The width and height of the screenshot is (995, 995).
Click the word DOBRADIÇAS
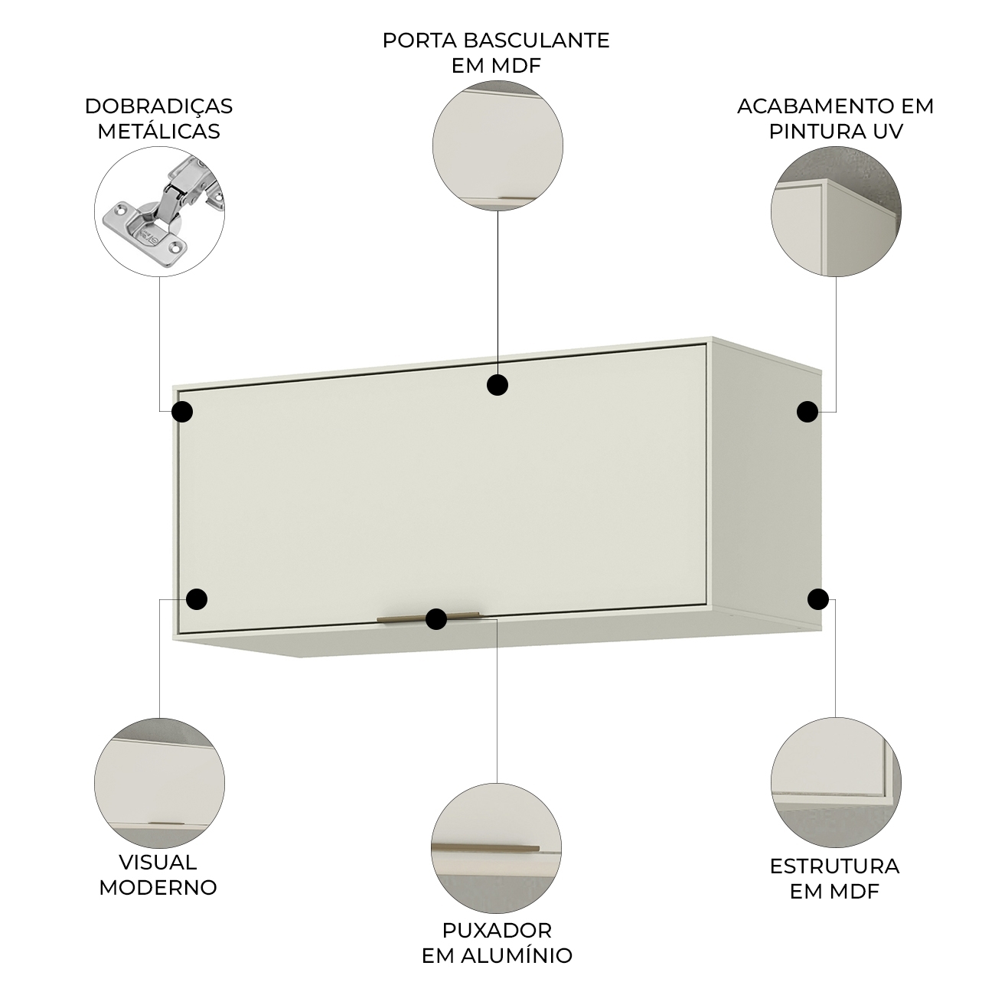tap(158, 107)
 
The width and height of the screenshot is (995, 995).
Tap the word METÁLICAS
tap(158, 131)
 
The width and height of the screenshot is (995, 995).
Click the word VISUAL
tap(158, 863)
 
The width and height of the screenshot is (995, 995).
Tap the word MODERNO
tap(158, 888)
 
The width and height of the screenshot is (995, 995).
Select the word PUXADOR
tap(497, 931)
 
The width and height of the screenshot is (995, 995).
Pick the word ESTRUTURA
tap(834, 866)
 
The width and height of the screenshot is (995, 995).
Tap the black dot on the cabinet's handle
tap(436, 619)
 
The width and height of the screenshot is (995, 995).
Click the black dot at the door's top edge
tap(497, 385)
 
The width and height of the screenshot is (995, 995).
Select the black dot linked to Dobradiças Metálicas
tap(182, 412)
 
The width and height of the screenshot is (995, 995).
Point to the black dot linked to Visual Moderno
tap(197, 599)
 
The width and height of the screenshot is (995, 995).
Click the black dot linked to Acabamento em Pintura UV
tap(807, 412)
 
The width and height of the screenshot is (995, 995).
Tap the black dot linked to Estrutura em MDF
tap(818, 599)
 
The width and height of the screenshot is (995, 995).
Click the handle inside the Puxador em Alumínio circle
tap(485, 848)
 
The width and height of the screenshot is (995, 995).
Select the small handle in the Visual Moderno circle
tap(166, 823)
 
